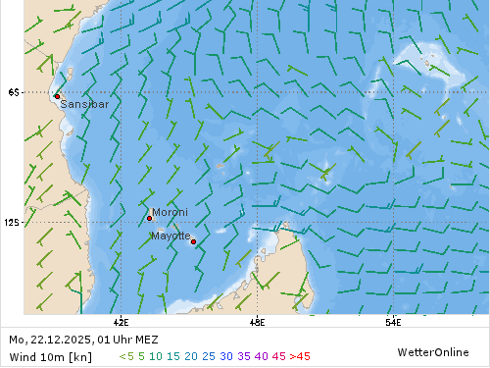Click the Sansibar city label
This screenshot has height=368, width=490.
84,103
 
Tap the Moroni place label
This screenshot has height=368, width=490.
170,211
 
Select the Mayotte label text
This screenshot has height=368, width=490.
171,236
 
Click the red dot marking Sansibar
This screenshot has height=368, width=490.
57,96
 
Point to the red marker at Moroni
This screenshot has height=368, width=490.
149,218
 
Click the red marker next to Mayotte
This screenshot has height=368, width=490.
193,241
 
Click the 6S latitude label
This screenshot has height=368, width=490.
13,92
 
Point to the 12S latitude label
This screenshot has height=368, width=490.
14,223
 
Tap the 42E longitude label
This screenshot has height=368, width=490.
122,320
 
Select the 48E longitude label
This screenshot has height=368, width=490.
257,320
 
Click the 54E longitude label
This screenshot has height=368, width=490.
392,320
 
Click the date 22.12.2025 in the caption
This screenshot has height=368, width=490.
60,340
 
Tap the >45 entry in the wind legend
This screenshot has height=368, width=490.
300,356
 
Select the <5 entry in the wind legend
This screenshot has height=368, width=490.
126,356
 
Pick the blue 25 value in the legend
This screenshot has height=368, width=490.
208,356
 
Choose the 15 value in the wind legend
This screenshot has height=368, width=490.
172,356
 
